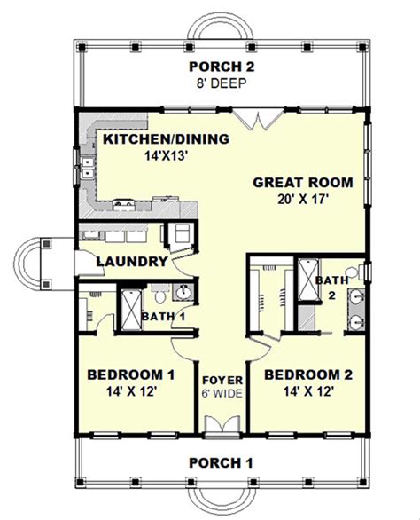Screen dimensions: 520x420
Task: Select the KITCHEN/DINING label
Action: [167, 139]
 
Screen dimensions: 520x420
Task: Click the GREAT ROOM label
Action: [303, 183]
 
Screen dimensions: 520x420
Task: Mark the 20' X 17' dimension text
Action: [303, 200]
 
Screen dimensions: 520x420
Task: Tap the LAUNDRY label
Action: [131, 262]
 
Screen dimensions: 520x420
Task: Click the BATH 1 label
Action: [162, 316]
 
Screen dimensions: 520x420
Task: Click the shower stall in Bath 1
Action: [128, 307]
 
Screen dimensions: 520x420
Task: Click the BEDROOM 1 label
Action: [130, 374]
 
